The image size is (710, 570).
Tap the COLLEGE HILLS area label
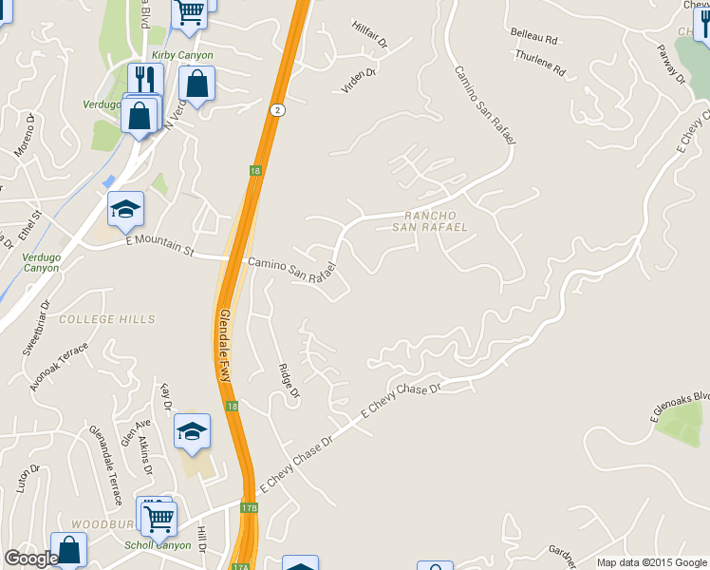coord(106,319)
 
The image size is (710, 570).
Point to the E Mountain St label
coord(159,247)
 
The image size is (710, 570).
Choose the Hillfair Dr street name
coord(370,35)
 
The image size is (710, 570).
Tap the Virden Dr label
coord(360,79)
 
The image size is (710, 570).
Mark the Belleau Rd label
coord(533,37)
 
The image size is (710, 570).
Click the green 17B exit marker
coord(249,508)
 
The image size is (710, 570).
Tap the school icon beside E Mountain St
coord(125,210)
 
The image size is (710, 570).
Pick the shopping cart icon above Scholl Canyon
coord(159,517)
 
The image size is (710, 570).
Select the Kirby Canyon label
coord(182,56)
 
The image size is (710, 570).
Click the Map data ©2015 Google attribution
coord(651,562)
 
